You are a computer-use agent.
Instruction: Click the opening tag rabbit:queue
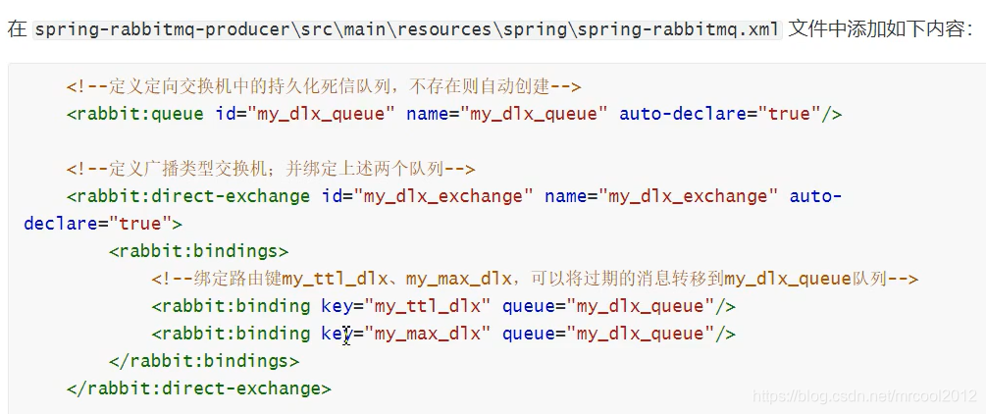(x=137, y=114)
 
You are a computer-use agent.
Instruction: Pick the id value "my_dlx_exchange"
(x=444, y=196)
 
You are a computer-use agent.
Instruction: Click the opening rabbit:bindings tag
(x=199, y=251)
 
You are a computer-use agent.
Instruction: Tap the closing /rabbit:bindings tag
(x=204, y=361)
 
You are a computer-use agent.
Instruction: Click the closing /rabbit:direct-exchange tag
(x=199, y=388)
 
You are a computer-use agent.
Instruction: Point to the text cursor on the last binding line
(x=346, y=335)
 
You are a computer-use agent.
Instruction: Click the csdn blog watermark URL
(x=864, y=395)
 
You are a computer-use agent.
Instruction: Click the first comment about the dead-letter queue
(x=324, y=86)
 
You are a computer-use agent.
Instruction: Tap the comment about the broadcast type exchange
(x=271, y=169)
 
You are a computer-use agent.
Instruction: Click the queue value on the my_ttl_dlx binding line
(x=641, y=306)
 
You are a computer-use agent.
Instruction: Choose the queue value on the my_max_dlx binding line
(x=641, y=334)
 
